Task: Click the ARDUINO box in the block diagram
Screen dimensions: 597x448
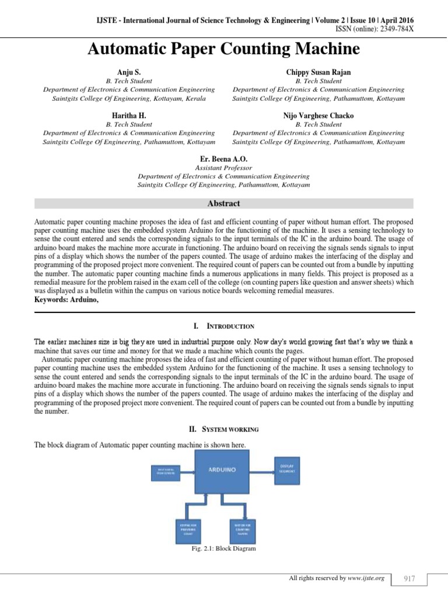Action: [x=225, y=473]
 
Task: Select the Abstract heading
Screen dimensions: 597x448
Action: [x=224, y=203]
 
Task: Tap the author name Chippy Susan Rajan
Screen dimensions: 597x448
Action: [x=318, y=72]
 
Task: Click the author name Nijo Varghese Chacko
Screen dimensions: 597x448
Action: [x=318, y=115]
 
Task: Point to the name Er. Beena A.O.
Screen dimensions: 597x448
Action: [x=223, y=159]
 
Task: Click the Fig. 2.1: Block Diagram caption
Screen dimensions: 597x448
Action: [x=223, y=549]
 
